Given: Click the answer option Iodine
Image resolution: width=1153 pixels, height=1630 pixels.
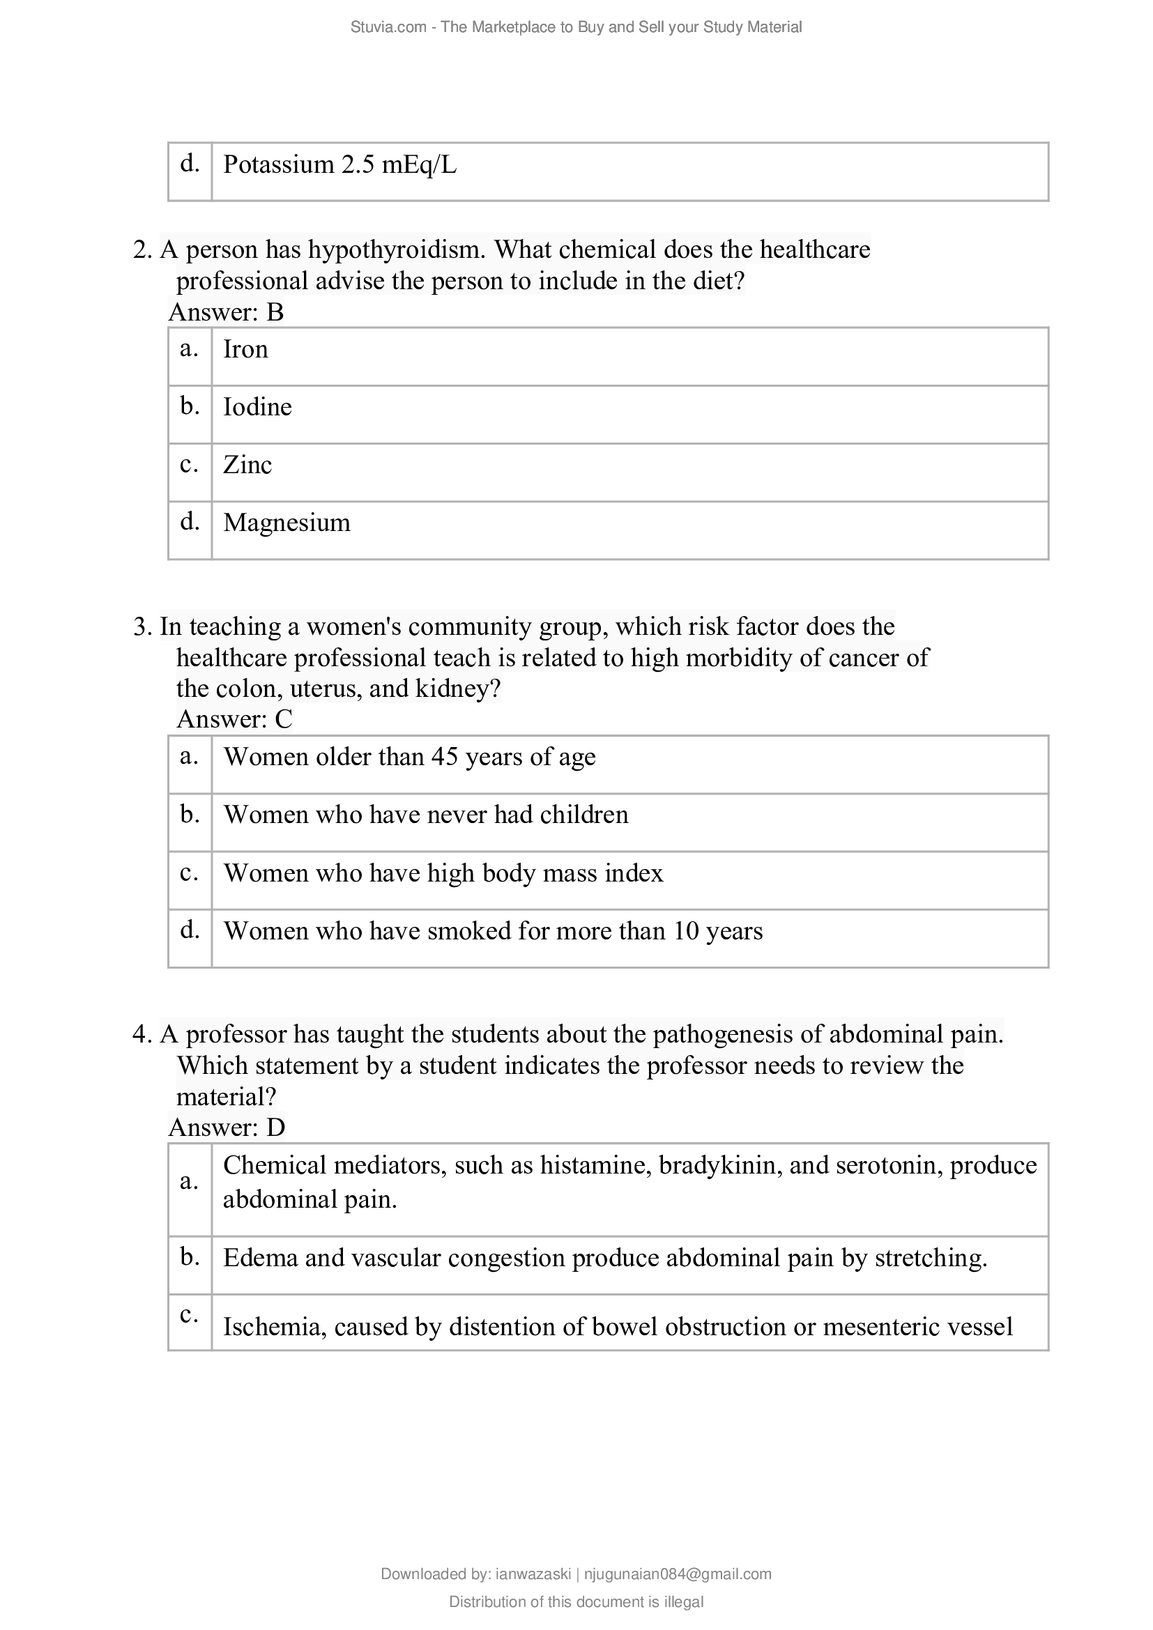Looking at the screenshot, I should coord(257,408).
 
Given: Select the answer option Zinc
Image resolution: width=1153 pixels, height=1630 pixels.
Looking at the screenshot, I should coord(247,465).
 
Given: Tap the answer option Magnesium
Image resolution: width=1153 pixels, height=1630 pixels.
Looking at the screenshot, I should coord(286,523).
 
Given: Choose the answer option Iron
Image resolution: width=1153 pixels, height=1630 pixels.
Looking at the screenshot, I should coord(245,349).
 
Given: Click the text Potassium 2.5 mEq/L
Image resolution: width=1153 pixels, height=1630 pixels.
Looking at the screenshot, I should coord(339,165).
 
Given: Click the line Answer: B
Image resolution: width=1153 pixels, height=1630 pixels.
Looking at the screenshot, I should coord(226,312).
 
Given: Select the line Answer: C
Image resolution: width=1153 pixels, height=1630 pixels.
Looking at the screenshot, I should coord(234,719).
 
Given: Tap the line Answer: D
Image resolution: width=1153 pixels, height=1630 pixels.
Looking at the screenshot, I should coord(227,1128).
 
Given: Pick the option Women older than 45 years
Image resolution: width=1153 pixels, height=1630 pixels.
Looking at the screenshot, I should coord(409,758).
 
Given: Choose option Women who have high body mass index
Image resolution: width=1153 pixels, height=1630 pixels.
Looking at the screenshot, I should coord(443,873).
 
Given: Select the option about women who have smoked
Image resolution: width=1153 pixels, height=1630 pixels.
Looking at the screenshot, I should coord(493,932).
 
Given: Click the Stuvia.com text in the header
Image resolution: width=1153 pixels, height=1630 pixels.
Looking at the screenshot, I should coord(388,27).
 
